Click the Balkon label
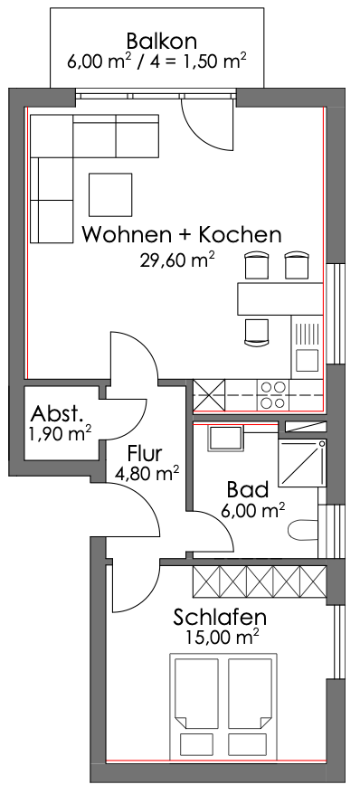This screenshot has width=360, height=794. click(x=162, y=40)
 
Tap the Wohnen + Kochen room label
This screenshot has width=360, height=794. click(x=181, y=235)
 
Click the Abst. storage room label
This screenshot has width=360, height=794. click(x=56, y=414)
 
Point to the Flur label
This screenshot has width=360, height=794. click(x=146, y=453)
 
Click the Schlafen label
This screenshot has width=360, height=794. click(x=220, y=618)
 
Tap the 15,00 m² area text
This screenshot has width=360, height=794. click(x=223, y=636)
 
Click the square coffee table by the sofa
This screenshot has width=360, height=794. click(x=110, y=194)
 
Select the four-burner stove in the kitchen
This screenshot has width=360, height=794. click(x=272, y=395)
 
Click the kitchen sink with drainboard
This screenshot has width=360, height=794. click(x=307, y=347)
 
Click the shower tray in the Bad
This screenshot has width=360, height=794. click(x=302, y=462)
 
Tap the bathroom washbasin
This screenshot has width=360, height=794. click(x=225, y=439)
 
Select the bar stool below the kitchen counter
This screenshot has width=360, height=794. click(x=257, y=332)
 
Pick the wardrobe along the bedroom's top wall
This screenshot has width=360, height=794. click(x=260, y=581)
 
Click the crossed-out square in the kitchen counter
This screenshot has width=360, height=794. click(x=209, y=395)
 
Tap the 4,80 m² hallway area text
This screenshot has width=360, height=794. click(x=147, y=475)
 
